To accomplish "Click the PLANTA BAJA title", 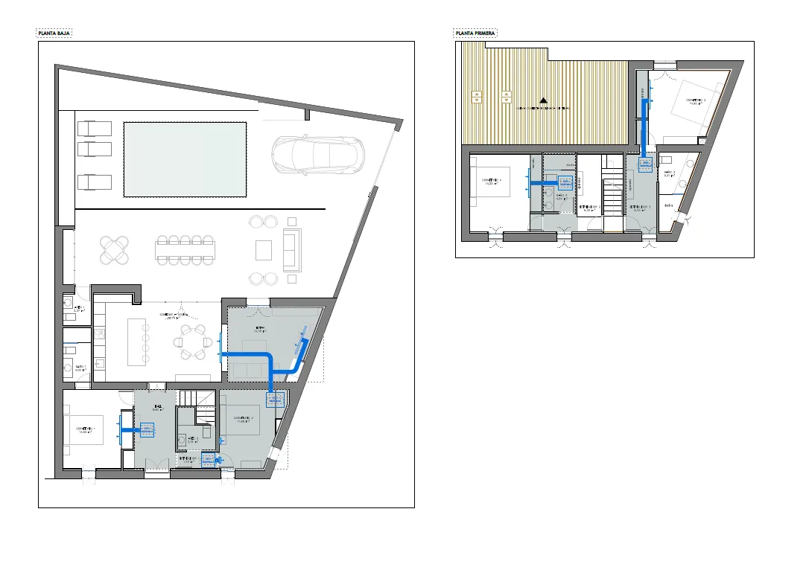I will click(x=54, y=33).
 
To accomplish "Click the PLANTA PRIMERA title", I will click(x=475, y=33).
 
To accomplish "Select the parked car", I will click(x=318, y=155).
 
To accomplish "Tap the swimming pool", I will click(x=185, y=160).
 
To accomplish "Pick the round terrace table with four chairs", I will click(x=115, y=249).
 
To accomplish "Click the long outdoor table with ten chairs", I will click(x=185, y=249).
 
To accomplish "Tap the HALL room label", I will click(x=157, y=408).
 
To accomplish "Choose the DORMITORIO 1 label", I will click(x=86, y=430).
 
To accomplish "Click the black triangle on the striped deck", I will click(x=544, y=100).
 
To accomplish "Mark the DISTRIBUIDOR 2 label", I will click(x=590, y=208).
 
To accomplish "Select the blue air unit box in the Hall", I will click(x=146, y=430).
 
